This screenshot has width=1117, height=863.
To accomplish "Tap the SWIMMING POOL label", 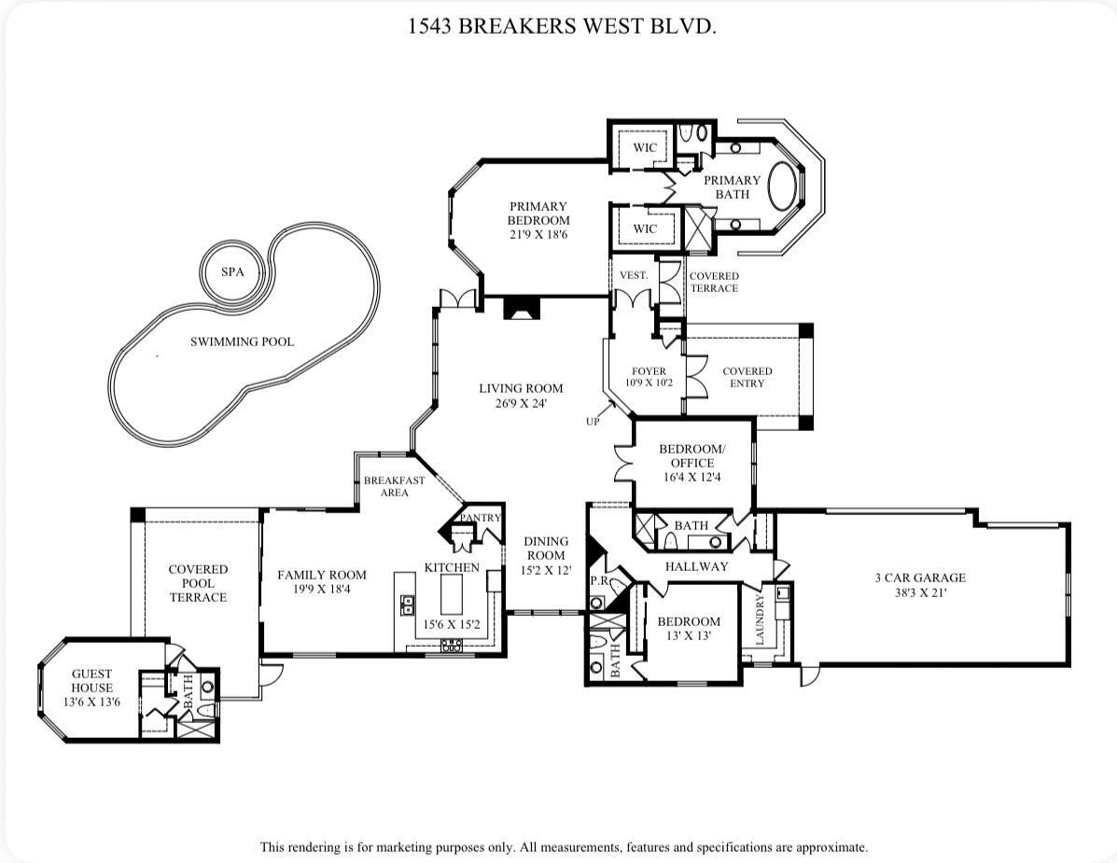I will point(242,342).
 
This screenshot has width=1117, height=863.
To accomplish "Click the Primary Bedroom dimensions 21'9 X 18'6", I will point(538,235).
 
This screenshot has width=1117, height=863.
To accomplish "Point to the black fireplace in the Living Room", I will point(520,309).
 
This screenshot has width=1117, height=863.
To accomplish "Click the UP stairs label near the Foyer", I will point(593,422).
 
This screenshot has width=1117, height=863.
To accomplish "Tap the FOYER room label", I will point(649,371).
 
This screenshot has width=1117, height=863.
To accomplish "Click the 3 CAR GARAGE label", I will point(919,578).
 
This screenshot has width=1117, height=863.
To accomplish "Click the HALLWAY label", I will point(696,566).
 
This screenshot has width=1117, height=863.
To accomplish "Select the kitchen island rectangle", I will point(450,591).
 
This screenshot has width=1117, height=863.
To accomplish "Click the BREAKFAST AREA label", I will point(394,486).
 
